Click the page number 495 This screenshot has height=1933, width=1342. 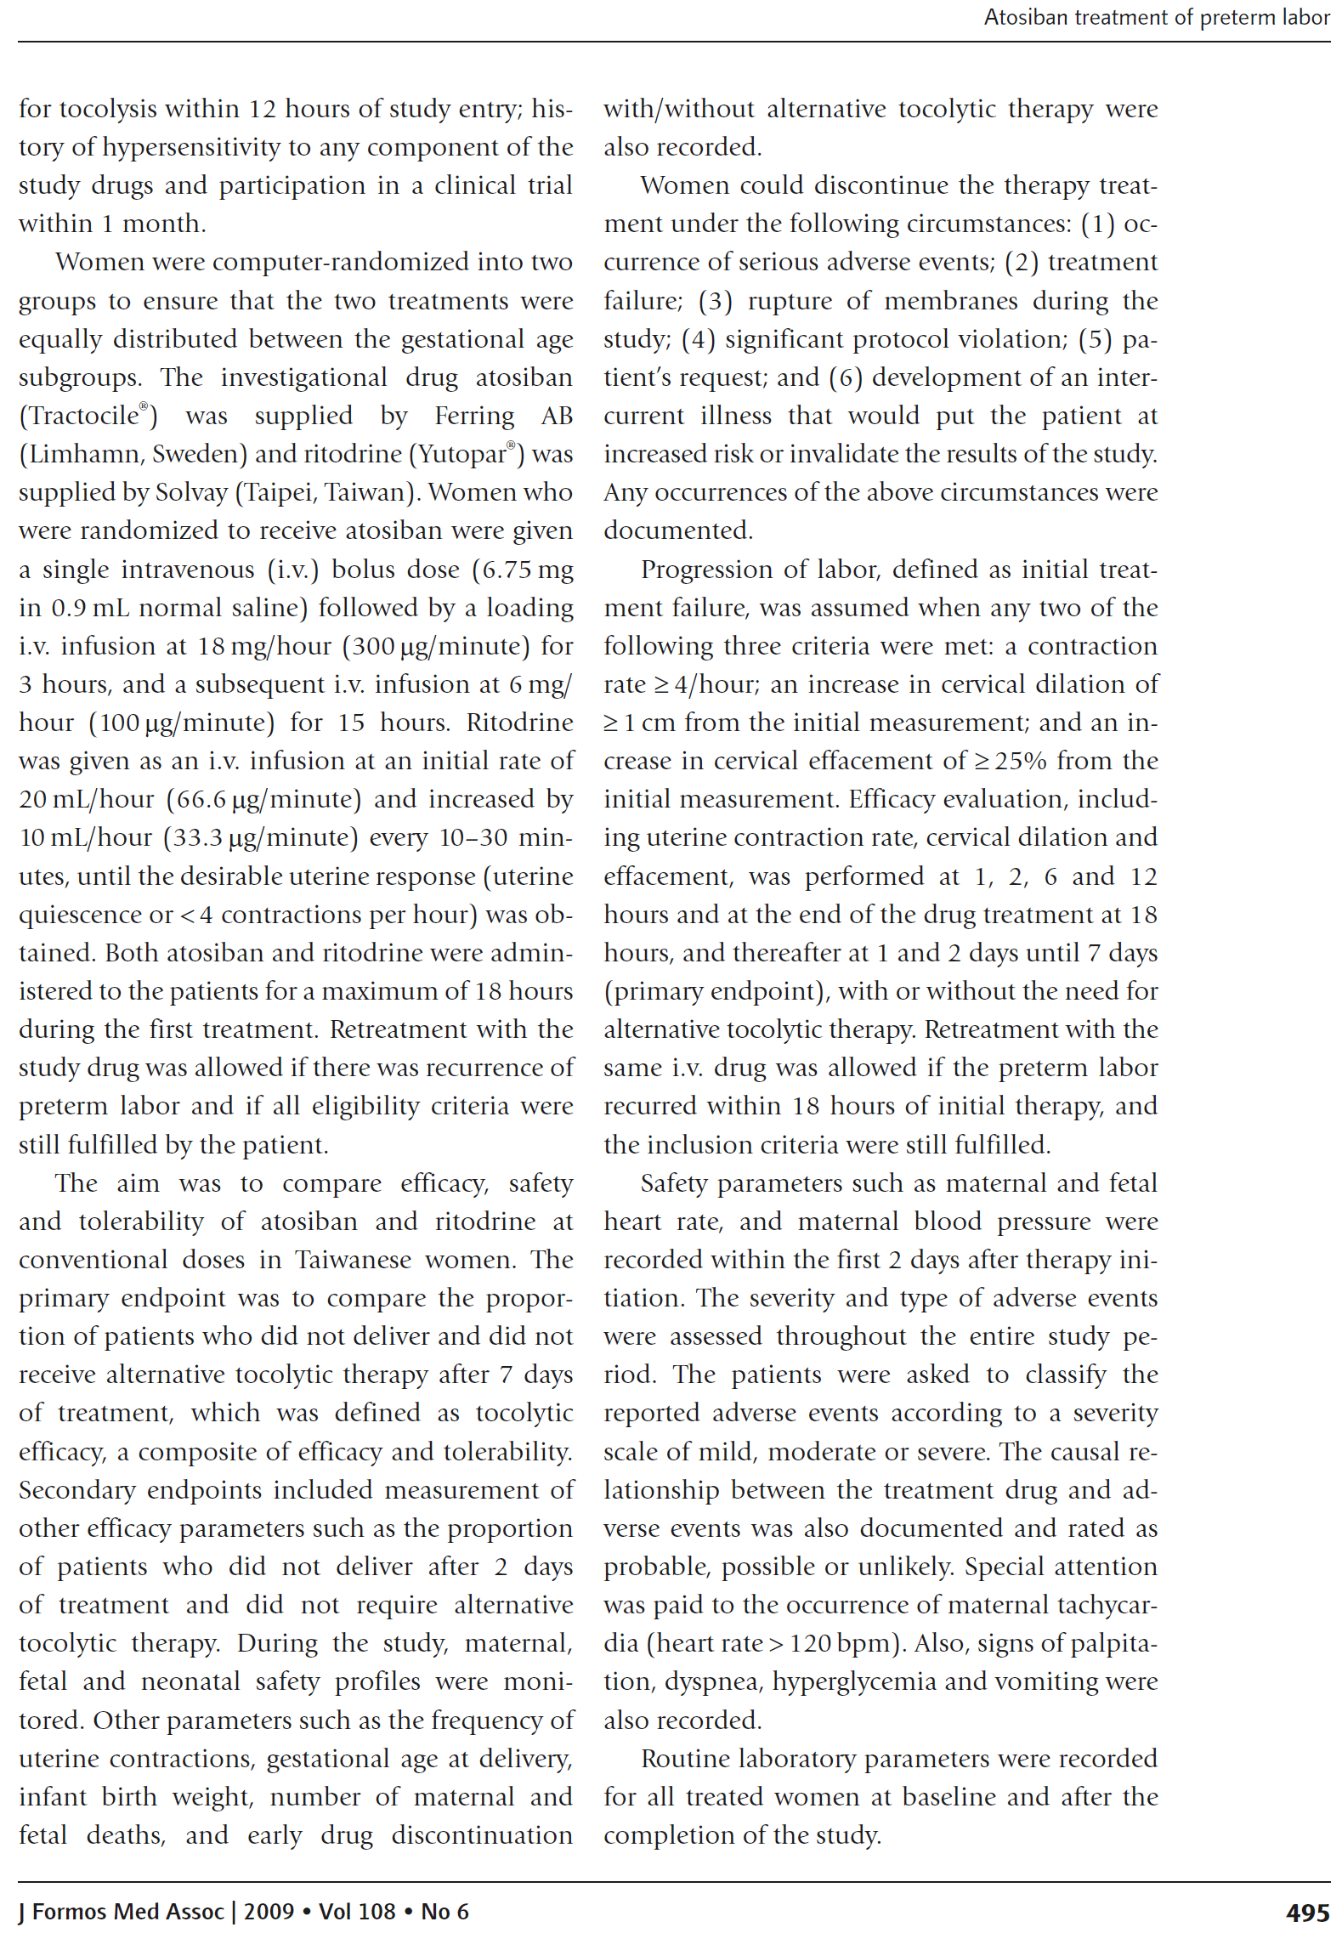[x=1306, y=1912]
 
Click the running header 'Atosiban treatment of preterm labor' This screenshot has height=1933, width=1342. [x=1156, y=18]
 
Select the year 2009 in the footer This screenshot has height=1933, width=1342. [x=269, y=1912]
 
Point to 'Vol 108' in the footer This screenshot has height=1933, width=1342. [x=357, y=1912]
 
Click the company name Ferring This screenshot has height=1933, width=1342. [x=474, y=417]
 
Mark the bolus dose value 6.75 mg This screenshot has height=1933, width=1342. [x=527, y=570]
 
